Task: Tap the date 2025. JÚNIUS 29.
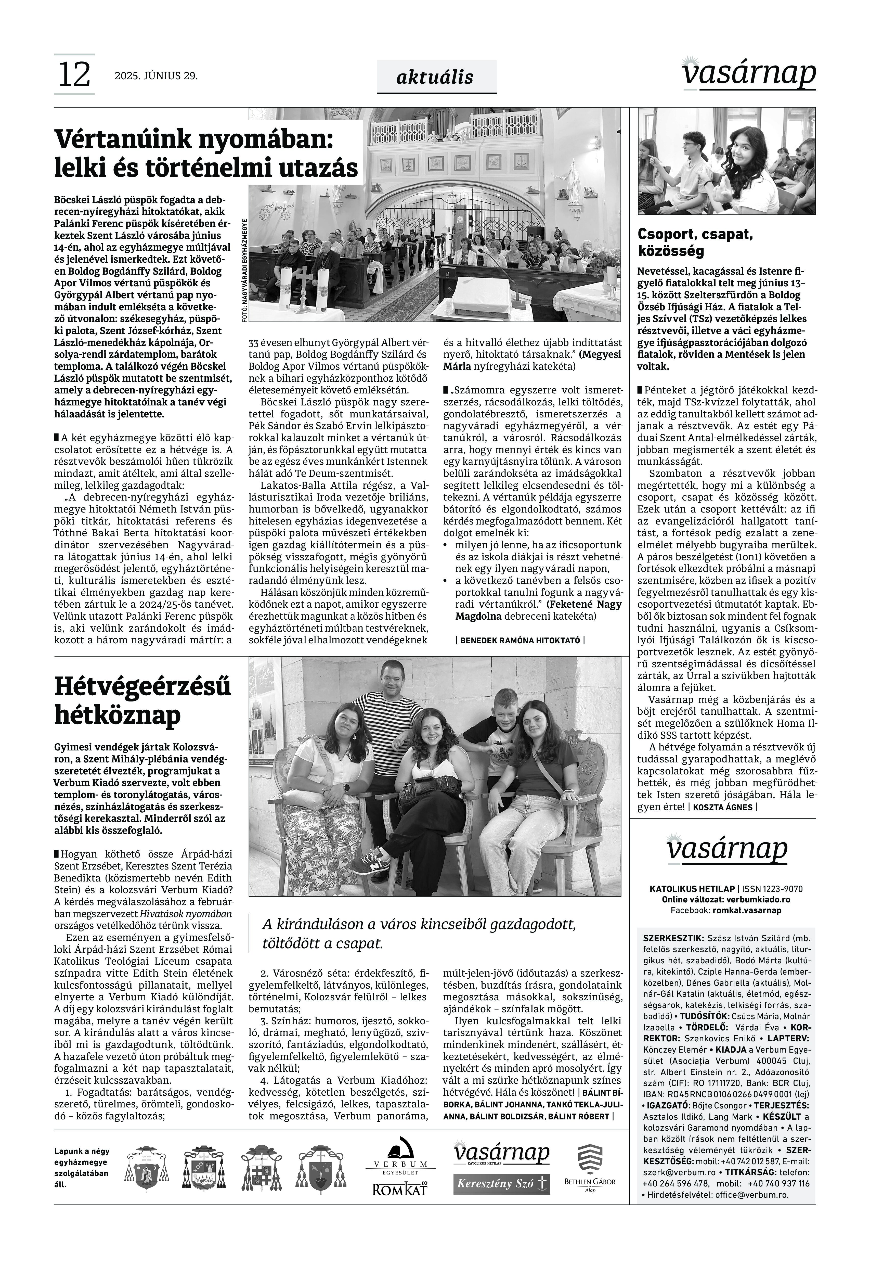(156, 76)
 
